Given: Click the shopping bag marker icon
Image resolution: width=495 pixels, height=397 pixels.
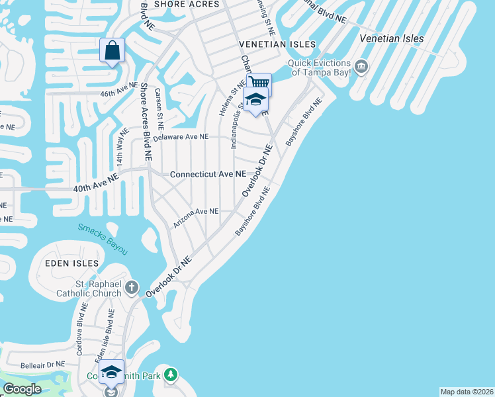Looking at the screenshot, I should (x=112, y=50).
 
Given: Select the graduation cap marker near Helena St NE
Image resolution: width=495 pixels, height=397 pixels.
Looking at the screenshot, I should (x=255, y=101).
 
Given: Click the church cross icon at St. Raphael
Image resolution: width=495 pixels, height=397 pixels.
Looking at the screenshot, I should (x=132, y=288).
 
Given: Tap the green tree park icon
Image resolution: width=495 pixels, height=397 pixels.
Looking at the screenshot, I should (x=171, y=375).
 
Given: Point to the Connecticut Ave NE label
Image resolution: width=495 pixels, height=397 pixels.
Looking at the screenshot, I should (x=208, y=174).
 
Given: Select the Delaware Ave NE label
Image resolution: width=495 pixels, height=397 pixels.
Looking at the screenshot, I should (x=181, y=137).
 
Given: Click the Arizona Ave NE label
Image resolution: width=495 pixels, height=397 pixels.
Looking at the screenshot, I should (x=196, y=217).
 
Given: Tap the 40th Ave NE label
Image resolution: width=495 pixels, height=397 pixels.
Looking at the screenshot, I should (x=95, y=183).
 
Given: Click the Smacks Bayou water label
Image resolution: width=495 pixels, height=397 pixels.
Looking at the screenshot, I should (x=102, y=239).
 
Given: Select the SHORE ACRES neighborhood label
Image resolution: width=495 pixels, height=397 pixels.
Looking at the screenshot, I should (x=186, y=5).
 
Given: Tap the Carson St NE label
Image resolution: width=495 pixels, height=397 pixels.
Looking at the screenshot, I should (x=159, y=109).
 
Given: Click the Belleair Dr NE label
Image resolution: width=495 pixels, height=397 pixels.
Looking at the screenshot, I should (x=42, y=364).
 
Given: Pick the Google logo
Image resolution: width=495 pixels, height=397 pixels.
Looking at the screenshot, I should (x=21, y=389).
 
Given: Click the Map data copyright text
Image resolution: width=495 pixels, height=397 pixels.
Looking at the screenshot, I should (x=467, y=392).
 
